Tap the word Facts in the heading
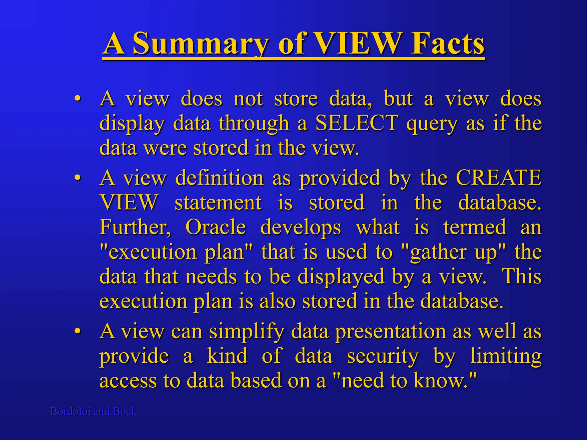pyautogui.click(x=447, y=44)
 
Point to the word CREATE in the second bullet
pyautogui.click(x=498, y=178)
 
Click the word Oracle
pyautogui.click(x=216, y=227)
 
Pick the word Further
pyautogui.click(x=135, y=227)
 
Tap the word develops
pyautogui.click(x=300, y=227)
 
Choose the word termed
pyautogui.click(x=475, y=227)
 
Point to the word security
pyautogui.click(x=383, y=356)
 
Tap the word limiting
pyautogui.click(x=506, y=356)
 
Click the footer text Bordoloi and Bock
pyautogui.click(x=93, y=411)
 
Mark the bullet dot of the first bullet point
pyautogui.click(x=77, y=99)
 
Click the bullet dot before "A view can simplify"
pyautogui.click(x=77, y=331)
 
